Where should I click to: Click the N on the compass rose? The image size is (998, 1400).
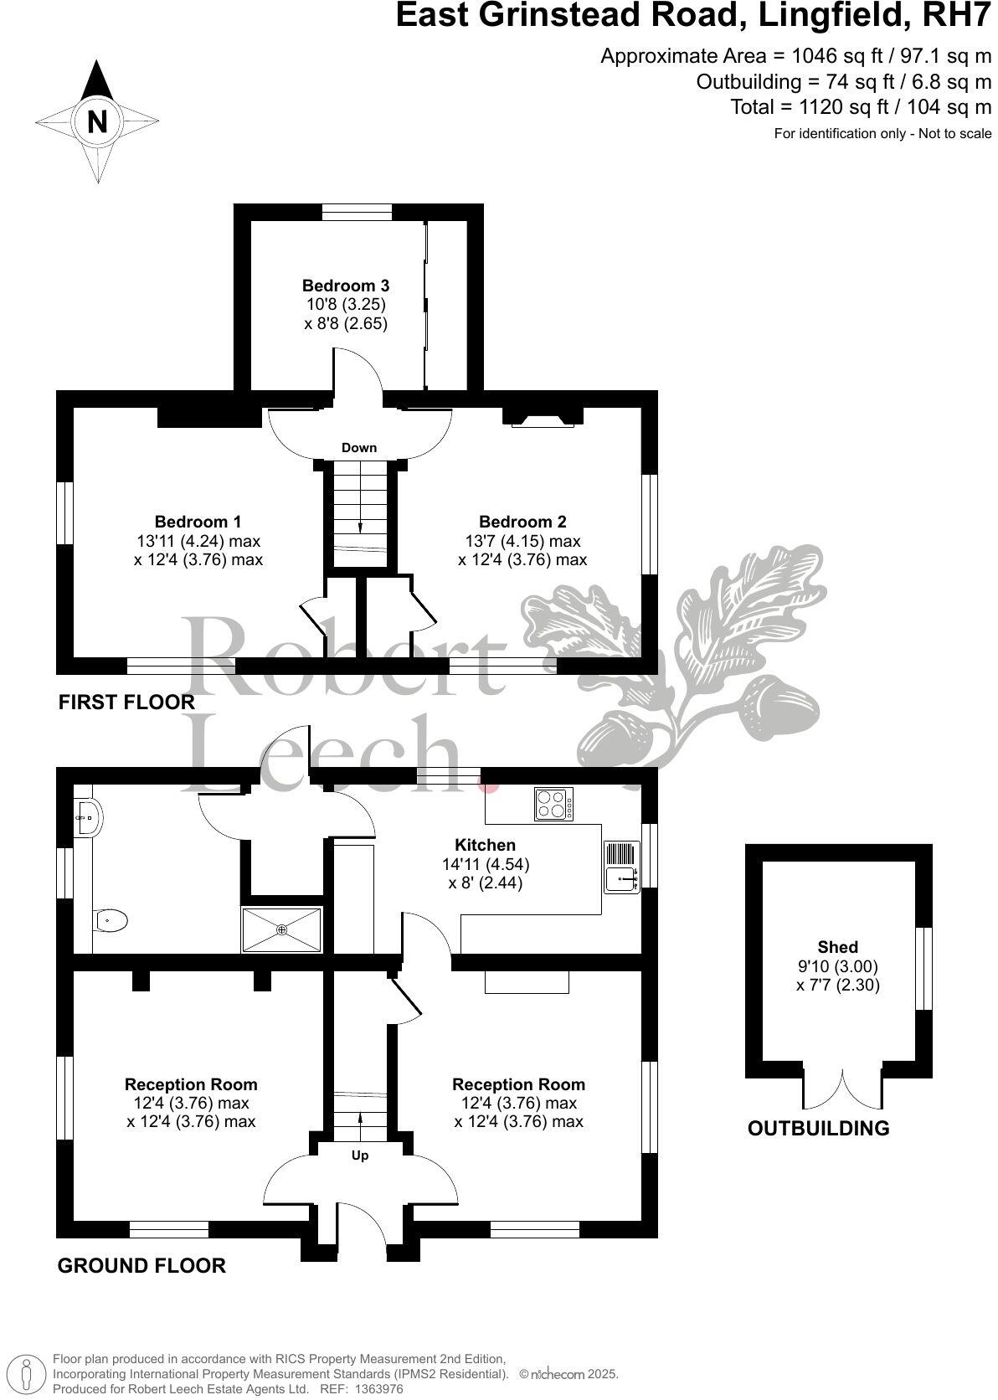[x=98, y=122]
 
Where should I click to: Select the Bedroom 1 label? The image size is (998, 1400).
[x=198, y=522]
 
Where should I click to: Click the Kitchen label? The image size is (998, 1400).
[x=485, y=845]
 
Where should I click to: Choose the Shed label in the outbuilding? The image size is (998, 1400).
[x=837, y=947]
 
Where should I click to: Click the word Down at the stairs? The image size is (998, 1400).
[x=359, y=448]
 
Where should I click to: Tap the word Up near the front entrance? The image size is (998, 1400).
[x=360, y=1156]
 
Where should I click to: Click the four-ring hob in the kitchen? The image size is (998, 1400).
[x=553, y=805]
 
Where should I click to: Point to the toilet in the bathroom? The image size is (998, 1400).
[x=111, y=921]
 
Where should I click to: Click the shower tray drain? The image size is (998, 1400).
[x=282, y=929]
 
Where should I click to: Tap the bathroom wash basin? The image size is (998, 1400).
[x=88, y=813]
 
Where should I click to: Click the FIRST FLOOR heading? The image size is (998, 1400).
[x=126, y=703]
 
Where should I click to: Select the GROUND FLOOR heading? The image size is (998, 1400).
[x=141, y=1265]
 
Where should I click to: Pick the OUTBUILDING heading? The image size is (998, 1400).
[x=818, y=1128]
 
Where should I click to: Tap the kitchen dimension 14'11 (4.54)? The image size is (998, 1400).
[x=485, y=863]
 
